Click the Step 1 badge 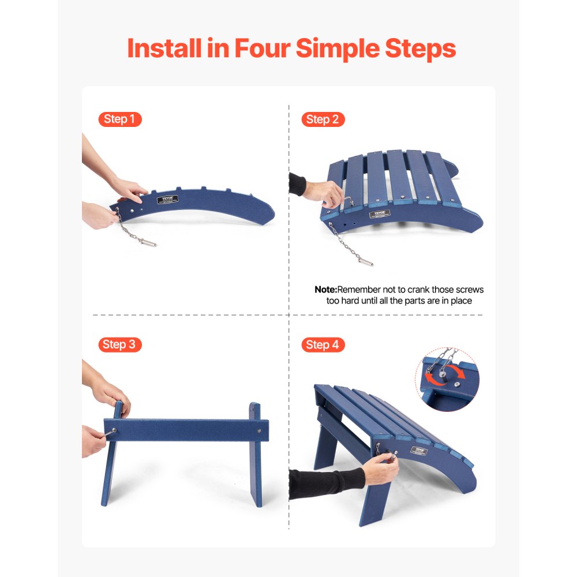click(x=119, y=119)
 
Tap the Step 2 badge click(x=323, y=119)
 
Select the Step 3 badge click(x=119, y=344)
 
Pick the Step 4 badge click(x=323, y=344)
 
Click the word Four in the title click(x=262, y=48)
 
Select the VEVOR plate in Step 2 click(x=380, y=214)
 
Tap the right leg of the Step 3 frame click(x=255, y=456)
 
